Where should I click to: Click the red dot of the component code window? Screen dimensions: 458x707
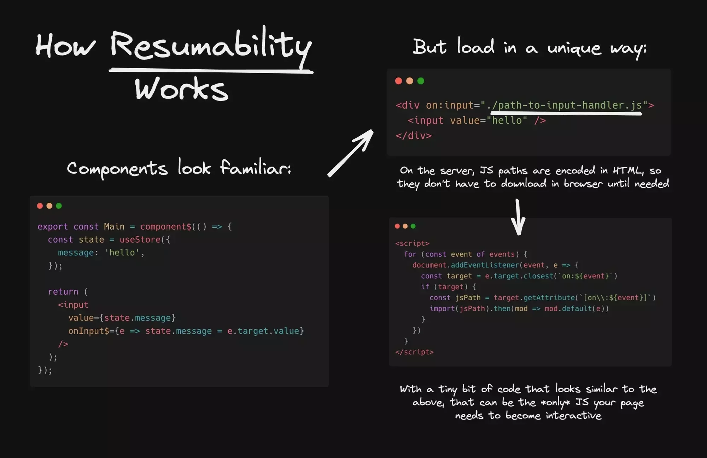[40, 206]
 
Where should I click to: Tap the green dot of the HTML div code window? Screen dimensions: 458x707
[421, 81]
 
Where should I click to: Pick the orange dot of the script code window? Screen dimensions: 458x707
[405, 226]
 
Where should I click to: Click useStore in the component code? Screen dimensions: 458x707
[140, 239]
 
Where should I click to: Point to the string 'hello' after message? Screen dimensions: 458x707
[122, 253]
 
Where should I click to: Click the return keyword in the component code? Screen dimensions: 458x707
[63, 291]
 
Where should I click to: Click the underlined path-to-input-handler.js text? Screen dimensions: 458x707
[566, 105]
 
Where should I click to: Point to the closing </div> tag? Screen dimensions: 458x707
[414, 135]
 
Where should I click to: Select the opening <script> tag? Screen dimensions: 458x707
[412, 243]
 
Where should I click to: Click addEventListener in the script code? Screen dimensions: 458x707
[485, 265]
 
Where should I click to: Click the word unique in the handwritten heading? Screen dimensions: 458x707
[574, 48]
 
